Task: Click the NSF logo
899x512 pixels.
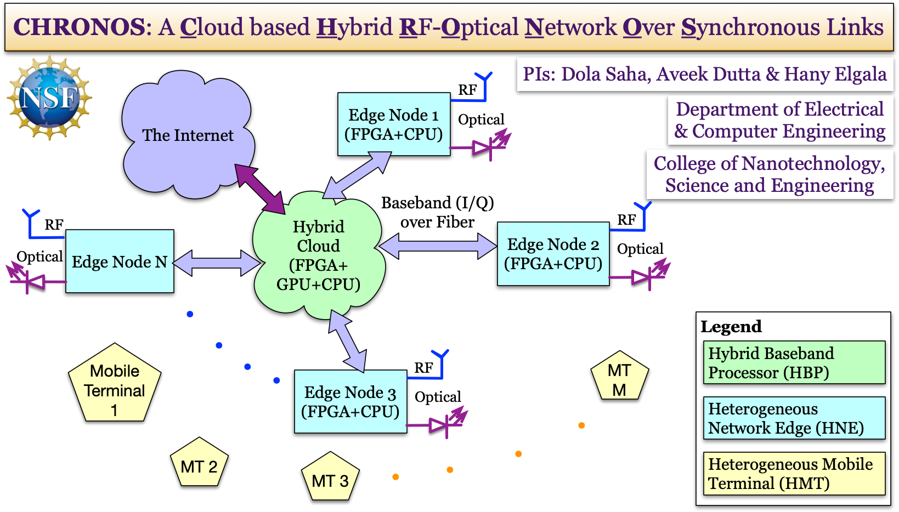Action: (49, 97)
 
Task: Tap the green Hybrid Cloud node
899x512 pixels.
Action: (318, 255)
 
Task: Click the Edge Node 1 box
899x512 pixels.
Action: (393, 124)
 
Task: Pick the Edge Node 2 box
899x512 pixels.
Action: (553, 254)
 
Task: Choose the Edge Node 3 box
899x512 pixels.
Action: (350, 402)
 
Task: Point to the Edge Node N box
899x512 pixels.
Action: (120, 261)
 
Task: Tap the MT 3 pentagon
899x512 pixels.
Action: (330, 478)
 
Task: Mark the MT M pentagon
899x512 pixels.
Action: (619, 378)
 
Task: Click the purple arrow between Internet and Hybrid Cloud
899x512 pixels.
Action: (260, 189)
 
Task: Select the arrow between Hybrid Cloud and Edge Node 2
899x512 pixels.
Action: (438, 246)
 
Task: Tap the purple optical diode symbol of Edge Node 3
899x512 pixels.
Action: (442, 424)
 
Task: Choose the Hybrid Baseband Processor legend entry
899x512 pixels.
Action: (794, 363)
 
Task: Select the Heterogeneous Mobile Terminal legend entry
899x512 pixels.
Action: (794, 474)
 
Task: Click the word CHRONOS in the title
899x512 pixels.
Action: (79, 27)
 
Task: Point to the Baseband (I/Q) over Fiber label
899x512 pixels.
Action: (437, 212)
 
